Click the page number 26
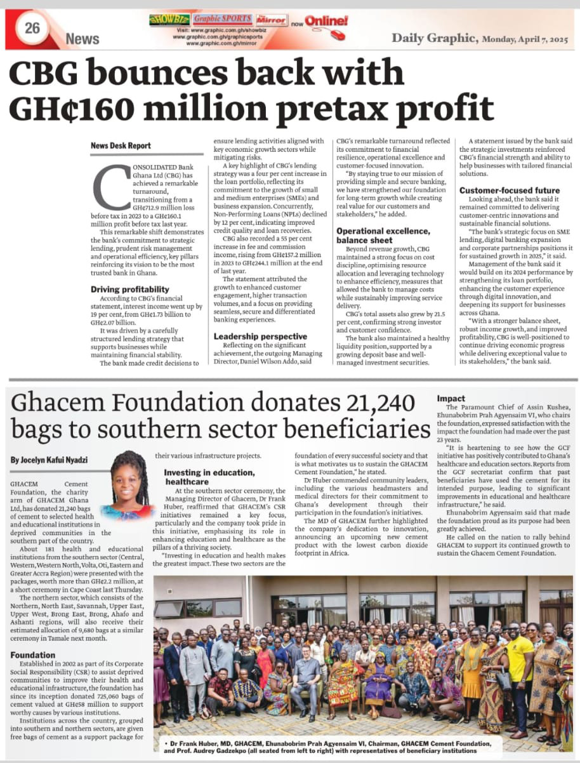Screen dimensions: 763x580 click(32, 27)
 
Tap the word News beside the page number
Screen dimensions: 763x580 click(82, 39)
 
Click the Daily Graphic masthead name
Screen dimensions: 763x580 click(434, 37)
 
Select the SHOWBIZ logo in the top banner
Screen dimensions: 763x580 click(169, 20)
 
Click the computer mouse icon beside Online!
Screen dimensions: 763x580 click(337, 34)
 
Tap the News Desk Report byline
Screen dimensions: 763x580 click(121, 145)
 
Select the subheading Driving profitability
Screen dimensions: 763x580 click(129, 289)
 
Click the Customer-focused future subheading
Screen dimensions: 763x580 click(510, 190)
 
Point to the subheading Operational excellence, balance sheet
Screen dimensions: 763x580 click(383, 236)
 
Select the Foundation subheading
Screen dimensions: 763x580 click(33, 654)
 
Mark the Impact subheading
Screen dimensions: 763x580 click(451, 398)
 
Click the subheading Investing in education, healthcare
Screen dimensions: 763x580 click(209, 477)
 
